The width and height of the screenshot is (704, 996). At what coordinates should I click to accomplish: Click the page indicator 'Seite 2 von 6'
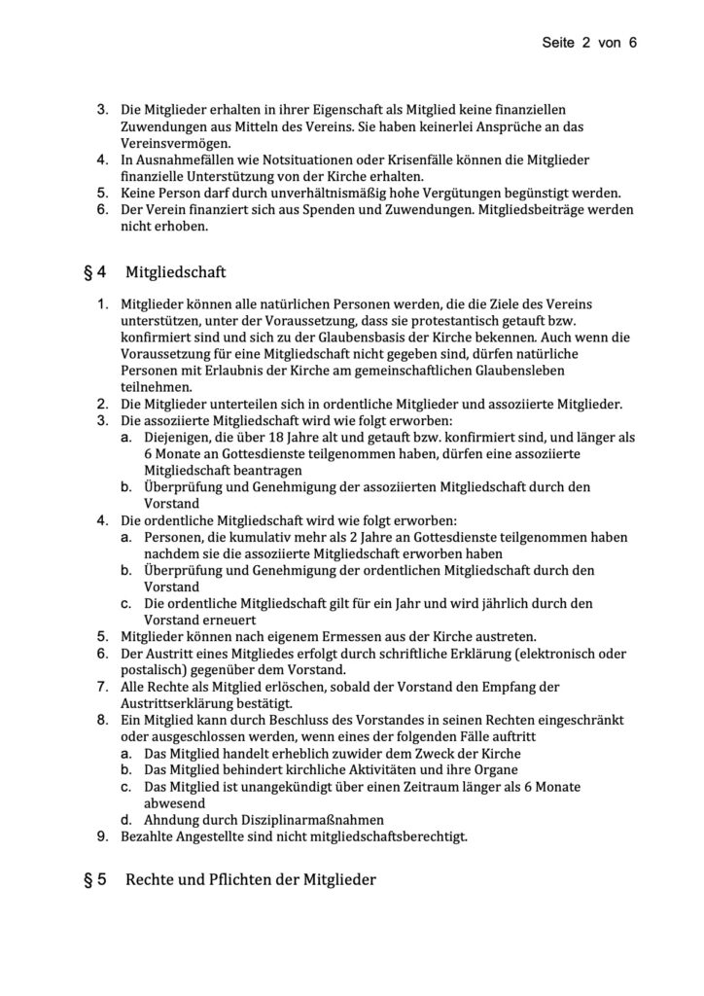click(588, 44)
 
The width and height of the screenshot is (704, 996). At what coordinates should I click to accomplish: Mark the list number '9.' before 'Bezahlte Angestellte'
click(102, 836)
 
